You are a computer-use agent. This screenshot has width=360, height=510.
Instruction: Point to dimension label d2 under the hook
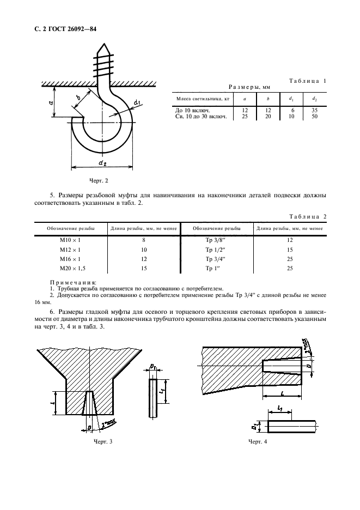click(102, 162)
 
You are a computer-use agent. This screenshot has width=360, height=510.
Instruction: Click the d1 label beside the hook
click(138, 102)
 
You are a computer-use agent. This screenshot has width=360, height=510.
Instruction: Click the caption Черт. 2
click(100, 180)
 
